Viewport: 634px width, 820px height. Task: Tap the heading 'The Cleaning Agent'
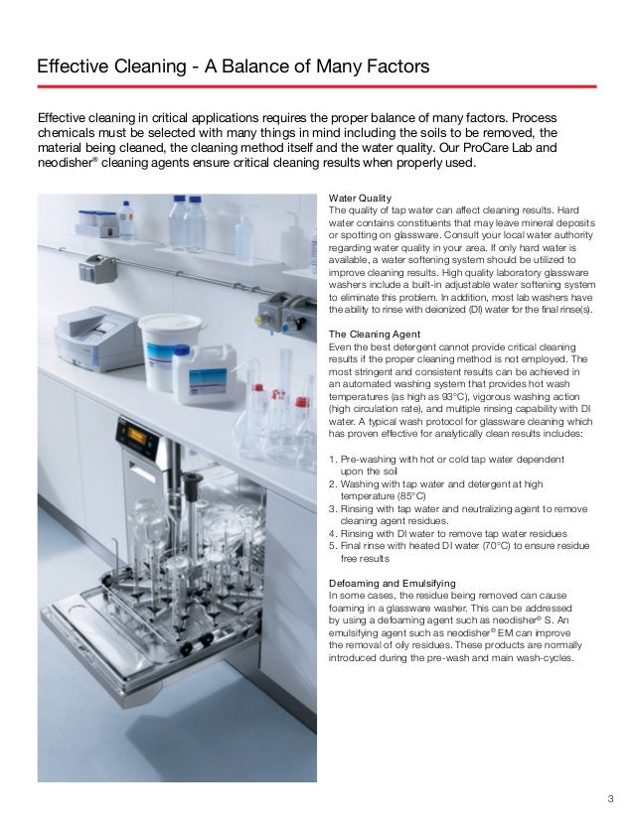point(374,334)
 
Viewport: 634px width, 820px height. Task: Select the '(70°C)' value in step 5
point(498,543)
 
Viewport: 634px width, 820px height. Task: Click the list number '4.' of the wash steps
point(332,531)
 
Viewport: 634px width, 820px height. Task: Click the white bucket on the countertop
point(170,342)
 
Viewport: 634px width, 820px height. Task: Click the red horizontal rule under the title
point(316,86)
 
